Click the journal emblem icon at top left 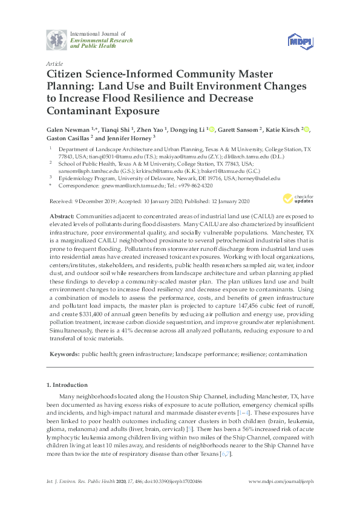point(57,39)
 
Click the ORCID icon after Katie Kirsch point(307,129)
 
